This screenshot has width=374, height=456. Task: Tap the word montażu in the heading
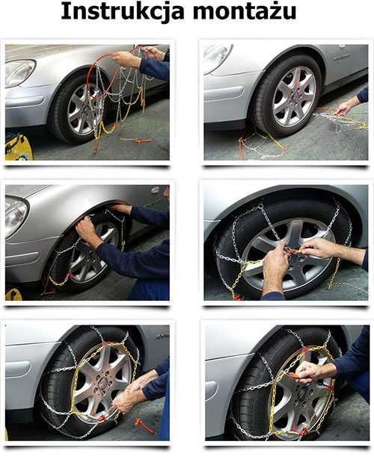pyautogui.click(x=247, y=13)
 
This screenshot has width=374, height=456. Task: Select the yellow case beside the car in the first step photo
pyautogui.click(x=17, y=147)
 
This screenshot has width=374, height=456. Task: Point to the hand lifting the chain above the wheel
pyautogui.click(x=127, y=58)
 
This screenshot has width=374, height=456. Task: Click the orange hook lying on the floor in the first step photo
pyautogui.click(x=136, y=140)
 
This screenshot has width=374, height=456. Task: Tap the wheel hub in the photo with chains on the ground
pyautogui.click(x=294, y=96)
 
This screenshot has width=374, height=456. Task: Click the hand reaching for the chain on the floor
pyautogui.click(x=344, y=107)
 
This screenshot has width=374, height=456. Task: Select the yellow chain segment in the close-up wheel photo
pyautogui.click(x=332, y=273)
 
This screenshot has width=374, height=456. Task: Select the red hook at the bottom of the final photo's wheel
pyautogui.click(x=303, y=431)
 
